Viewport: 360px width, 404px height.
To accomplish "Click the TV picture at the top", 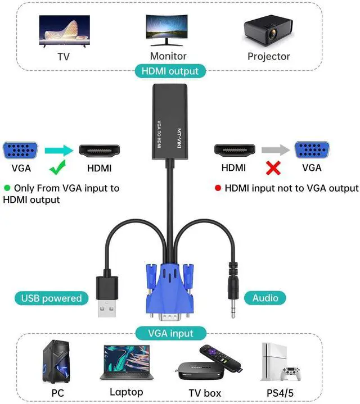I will [64, 31].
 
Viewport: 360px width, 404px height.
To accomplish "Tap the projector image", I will [268, 33].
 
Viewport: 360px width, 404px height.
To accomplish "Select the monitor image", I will [168, 30].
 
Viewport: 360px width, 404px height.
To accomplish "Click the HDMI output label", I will [170, 71].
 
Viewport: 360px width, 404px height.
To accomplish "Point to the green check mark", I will [58, 167].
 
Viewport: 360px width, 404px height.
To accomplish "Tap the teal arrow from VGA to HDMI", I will [59, 150].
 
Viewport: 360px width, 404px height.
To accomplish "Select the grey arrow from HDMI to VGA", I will [274, 150].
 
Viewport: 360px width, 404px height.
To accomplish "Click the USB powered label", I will [51, 298].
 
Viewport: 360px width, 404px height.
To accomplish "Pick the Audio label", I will [265, 298].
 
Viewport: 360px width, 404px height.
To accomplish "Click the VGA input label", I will [170, 333].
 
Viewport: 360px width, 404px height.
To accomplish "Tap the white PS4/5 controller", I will [290, 373].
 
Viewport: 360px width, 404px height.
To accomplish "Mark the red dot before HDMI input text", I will [218, 188].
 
